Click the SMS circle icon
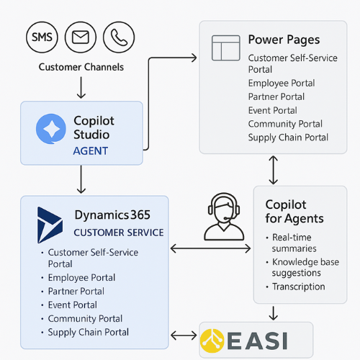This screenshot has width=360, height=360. click(42, 37)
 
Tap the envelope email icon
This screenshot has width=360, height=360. click(81, 37)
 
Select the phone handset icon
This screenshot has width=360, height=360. click(119, 37)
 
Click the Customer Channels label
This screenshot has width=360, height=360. click(81, 67)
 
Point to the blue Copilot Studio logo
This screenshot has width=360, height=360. click(51, 129)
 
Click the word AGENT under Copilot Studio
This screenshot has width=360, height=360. click(91, 151)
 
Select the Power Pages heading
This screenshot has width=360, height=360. click(284, 40)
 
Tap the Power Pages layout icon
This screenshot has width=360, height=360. click(226, 48)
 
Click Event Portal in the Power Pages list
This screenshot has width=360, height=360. click(273, 110)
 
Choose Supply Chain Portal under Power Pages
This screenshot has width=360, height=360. click(288, 138)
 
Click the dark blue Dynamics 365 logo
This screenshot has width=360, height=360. click(50, 225)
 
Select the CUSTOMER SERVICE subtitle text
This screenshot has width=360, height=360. click(119, 233)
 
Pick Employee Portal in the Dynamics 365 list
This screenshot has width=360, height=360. click(81, 278)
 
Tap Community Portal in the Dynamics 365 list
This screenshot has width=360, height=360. click(85, 319)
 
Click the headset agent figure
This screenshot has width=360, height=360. click(224, 217)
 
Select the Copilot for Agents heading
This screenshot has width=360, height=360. click(294, 212)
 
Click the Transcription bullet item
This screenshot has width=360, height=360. click(299, 287)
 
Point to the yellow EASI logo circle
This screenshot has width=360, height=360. click(212, 341)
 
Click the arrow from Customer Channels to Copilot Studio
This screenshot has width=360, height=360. click(81, 88)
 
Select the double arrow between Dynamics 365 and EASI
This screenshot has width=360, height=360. click(184, 336)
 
